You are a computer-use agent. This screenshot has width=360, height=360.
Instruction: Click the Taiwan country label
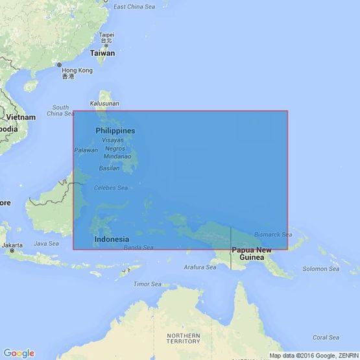click(x=102, y=53)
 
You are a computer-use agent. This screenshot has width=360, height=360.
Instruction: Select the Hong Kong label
click(x=77, y=70)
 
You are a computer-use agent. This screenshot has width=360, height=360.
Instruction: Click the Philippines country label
click(x=115, y=130)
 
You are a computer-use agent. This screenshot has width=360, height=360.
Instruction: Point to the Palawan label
click(x=86, y=150)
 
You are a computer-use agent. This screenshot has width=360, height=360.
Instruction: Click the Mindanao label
click(x=117, y=156)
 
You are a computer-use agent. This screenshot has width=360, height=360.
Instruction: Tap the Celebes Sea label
click(x=109, y=189)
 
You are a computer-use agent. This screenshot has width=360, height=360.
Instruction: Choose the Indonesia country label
click(x=112, y=239)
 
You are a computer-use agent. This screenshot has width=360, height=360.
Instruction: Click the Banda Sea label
click(x=138, y=247)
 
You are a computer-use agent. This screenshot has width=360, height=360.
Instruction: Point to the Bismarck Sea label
click(x=273, y=234)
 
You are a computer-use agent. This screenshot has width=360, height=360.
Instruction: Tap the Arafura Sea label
click(x=200, y=267)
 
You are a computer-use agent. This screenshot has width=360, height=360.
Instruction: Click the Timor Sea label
click(x=147, y=284)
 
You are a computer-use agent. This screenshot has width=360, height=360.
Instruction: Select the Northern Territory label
click(x=184, y=338)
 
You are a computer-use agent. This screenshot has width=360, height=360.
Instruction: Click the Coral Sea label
click(x=326, y=337)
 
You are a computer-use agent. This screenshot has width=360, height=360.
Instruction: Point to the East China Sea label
click(x=135, y=6)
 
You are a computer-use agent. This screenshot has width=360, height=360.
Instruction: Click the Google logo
click(x=18, y=353)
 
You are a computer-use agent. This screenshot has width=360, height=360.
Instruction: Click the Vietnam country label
click(x=21, y=117)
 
